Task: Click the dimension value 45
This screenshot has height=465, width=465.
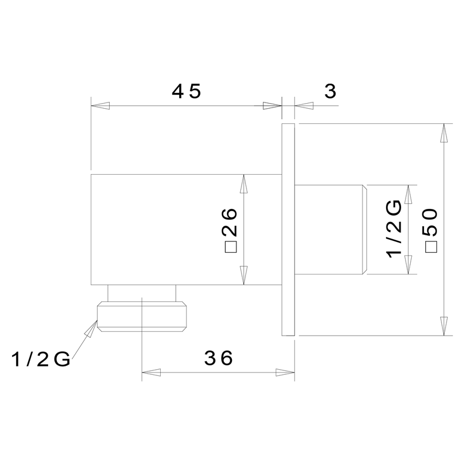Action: [x=186, y=91]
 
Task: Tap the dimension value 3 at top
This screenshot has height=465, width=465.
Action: [x=331, y=91]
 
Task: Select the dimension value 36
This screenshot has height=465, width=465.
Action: [x=218, y=358]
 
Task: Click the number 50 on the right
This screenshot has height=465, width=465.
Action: [x=431, y=222]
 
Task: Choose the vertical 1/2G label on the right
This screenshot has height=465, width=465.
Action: [x=394, y=229]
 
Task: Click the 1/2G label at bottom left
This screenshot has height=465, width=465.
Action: [x=41, y=360]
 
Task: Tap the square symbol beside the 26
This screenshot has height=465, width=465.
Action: [x=231, y=247]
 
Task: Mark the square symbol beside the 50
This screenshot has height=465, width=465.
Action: [x=431, y=247]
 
